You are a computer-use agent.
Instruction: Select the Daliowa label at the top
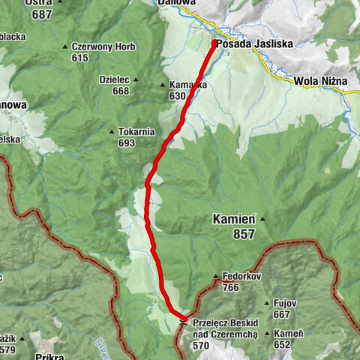point(176,3)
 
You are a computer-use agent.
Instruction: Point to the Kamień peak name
point(234,220)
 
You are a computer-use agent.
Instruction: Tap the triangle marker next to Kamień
point(262,220)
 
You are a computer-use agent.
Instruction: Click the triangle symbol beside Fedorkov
point(216,276)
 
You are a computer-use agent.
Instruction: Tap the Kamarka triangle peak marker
point(163,85)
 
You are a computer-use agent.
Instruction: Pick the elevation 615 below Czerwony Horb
point(81,57)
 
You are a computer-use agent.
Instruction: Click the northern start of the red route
point(217,43)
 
